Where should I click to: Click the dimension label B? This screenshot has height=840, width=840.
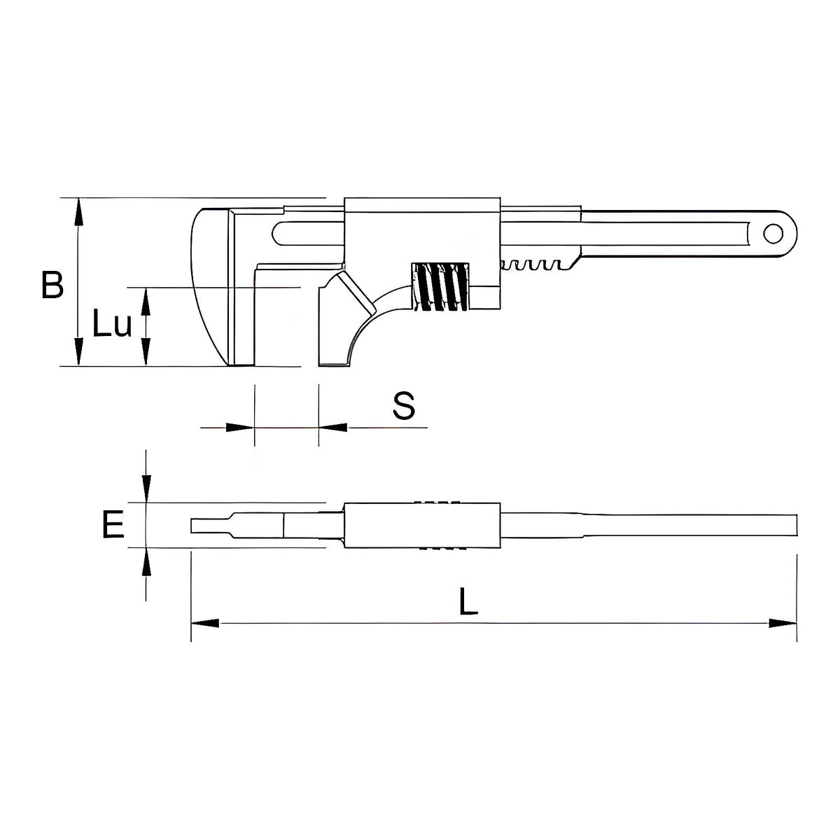click(52, 285)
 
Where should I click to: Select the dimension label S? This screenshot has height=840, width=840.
click(404, 405)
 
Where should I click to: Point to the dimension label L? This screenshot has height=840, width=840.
click(468, 601)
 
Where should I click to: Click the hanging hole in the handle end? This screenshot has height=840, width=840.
click(773, 234)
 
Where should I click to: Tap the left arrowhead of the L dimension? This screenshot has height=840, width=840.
click(205, 624)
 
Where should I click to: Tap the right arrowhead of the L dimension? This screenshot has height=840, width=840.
click(783, 624)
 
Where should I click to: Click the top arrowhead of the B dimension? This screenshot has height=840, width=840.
click(78, 212)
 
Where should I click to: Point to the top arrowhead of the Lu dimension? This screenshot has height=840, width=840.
click(146, 302)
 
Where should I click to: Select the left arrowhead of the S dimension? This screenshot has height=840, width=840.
click(240, 428)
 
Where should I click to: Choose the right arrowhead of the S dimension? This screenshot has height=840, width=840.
click(333, 428)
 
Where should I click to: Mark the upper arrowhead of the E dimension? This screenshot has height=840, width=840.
click(146, 489)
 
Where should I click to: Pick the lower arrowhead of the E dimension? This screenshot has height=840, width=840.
click(146, 562)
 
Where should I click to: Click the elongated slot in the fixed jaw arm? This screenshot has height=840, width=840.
click(308, 234)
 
